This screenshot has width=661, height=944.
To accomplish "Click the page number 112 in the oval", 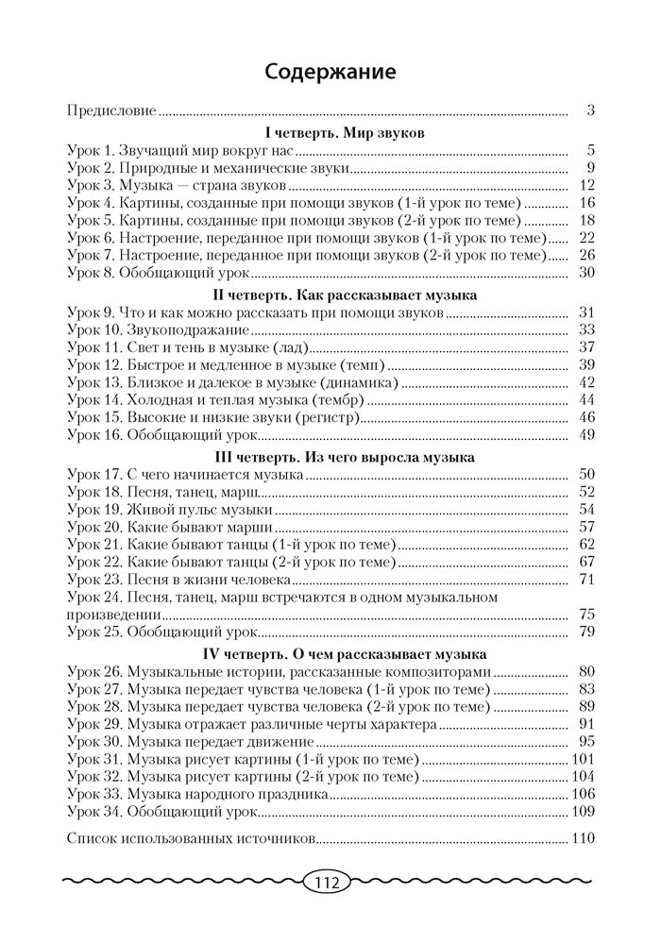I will coord(327,885).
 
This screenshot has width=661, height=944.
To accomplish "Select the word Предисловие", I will coord(111,110).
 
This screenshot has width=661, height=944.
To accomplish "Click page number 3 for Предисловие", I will coord(589,110).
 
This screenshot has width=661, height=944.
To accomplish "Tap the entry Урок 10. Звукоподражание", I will coord(158,330).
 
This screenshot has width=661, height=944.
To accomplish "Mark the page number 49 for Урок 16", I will coord(585,435).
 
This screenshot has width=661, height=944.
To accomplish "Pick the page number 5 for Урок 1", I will coord(589,150).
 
